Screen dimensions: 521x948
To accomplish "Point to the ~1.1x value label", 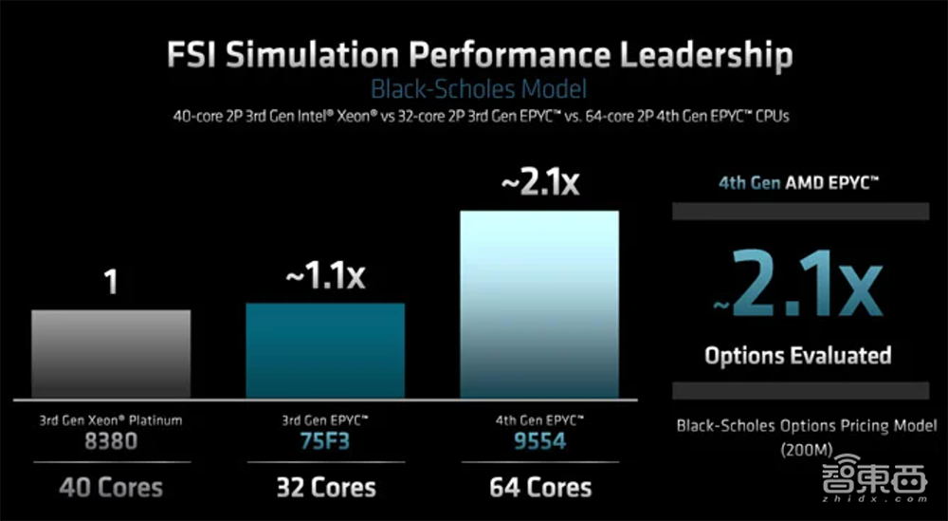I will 324,277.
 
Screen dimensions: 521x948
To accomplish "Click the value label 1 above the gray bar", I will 112,283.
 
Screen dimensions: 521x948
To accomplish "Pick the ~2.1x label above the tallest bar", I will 538,182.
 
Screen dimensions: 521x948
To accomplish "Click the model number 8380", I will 111,441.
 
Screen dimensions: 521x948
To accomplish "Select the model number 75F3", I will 325,441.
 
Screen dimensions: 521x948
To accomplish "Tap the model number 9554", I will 538,441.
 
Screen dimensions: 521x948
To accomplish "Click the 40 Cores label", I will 111,488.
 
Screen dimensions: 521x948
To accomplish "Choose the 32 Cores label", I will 325,488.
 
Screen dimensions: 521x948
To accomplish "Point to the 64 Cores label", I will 539,488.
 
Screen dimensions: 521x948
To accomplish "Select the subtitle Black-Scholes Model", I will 478,90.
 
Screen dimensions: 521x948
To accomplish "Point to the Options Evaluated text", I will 797,356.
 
